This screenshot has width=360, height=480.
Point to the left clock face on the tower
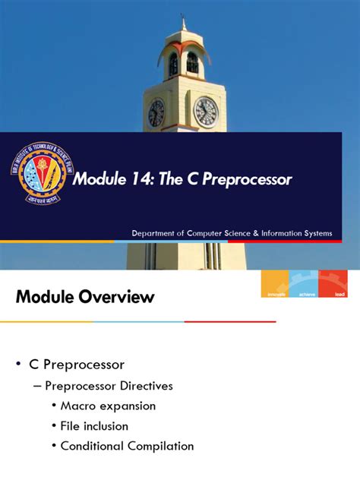(x=156, y=113)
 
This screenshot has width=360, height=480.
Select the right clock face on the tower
(x=205, y=112)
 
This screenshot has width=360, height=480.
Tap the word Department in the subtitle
(x=156, y=233)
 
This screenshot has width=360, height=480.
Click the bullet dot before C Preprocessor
(x=18, y=365)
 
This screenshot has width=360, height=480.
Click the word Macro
(x=78, y=406)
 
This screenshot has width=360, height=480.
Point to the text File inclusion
(x=94, y=426)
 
